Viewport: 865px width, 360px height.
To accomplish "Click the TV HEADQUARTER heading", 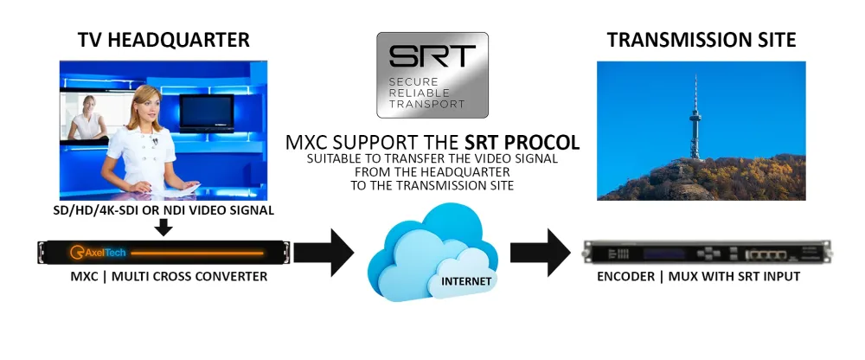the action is click(x=163, y=40).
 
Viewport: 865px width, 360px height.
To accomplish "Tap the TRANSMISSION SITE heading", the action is click(x=702, y=40).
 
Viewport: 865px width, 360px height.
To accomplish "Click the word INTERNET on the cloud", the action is click(x=465, y=281).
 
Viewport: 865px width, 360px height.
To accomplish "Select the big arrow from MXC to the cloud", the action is click(x=324, y=253).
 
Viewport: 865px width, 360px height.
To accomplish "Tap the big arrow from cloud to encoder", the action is click(x=541, y=253).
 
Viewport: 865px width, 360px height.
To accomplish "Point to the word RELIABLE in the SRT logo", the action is click(x=413, y=92).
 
